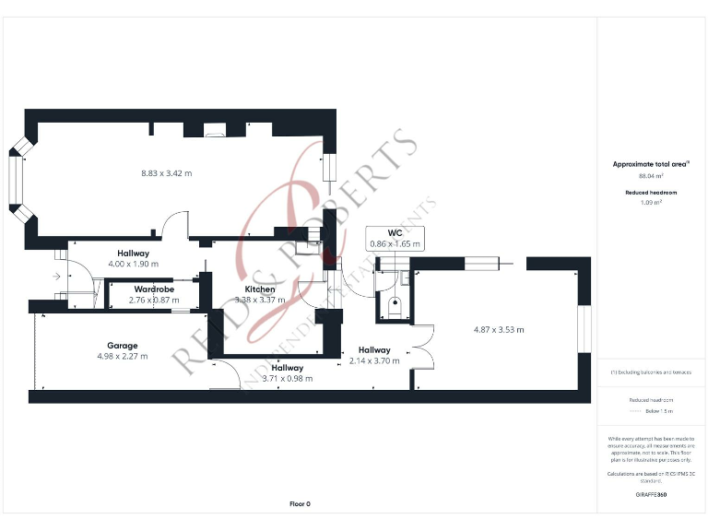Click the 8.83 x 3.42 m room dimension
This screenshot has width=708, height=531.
(166, 172)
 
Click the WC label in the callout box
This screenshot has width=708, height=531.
(395, 233)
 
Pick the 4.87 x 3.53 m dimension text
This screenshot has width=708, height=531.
(498, 329)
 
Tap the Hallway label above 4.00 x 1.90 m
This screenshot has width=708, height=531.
(134, 254)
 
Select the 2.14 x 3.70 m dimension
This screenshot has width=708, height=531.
(374, 360)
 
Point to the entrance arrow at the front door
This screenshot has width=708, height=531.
(56, 276)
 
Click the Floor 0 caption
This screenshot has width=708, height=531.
(300, 504)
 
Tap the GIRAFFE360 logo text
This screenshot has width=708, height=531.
(651, 495)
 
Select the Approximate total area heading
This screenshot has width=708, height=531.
(651, 164)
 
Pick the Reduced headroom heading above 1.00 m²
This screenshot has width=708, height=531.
(651, 192)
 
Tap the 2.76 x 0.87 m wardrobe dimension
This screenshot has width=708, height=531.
(155, 300)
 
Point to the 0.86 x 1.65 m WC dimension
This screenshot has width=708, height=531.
(395, 244)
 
